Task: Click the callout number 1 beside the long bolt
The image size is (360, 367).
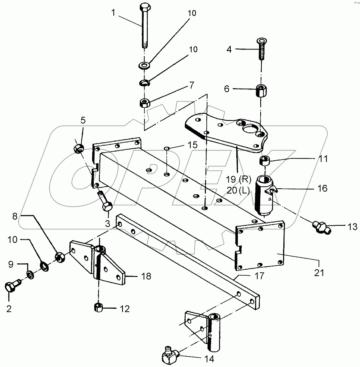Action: [114, 13]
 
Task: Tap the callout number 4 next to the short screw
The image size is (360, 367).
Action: [229, 49]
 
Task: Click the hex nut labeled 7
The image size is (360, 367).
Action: [144, 103]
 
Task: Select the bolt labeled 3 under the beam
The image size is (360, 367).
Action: [106, 201]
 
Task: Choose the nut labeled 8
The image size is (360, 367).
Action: [60, 257]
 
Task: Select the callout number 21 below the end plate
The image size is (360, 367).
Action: [318, 273]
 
